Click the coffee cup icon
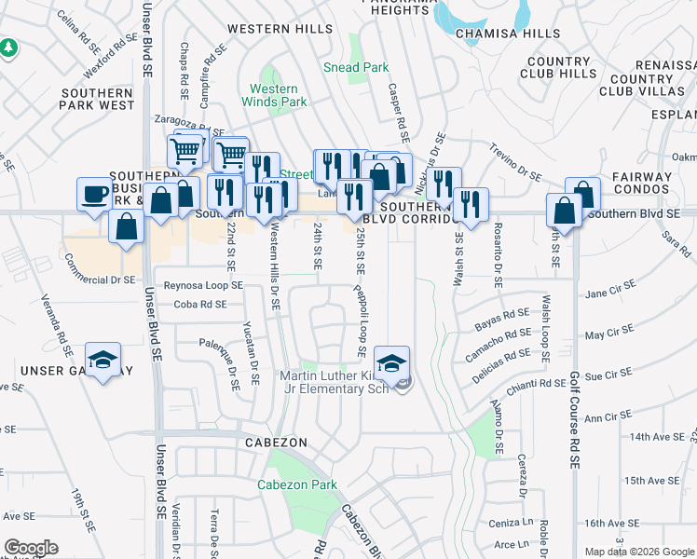click(x=94, y=194)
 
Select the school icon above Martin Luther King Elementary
click(x=392, y=361)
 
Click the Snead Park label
click(x=355, y=67)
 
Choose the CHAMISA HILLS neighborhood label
click(x=507, y=34)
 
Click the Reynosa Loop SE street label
click(x=202, y=285)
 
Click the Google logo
click(x=31, y=548)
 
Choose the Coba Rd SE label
click(x=199, y=304)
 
